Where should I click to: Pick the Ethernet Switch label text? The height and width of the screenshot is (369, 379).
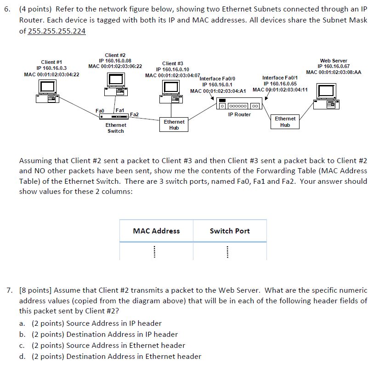[x=115, y=128]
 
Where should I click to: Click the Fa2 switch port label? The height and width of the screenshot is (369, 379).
[x=135, y=114]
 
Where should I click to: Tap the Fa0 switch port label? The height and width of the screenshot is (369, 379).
[x=100, y=111]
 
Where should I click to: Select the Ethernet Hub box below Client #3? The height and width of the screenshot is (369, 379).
[x=174, y=125]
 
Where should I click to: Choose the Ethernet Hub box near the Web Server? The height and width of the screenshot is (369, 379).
[x=285, y=122]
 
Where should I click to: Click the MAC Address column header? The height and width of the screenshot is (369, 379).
[x=156, y=231]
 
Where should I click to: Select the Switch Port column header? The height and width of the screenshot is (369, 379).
[x=230, y=231]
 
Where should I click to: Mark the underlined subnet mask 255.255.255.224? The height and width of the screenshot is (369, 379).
[x=57, y=31]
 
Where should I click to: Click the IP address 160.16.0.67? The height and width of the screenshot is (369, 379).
[x=334, y=66]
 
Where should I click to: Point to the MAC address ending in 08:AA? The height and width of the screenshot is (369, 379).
[x=334, y=72]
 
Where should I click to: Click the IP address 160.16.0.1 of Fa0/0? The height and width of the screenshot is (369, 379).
[x=218, y=85]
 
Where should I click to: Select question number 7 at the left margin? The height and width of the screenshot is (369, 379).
[x=9, y=290]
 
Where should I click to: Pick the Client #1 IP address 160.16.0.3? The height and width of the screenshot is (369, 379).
[x=51, y=68]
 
